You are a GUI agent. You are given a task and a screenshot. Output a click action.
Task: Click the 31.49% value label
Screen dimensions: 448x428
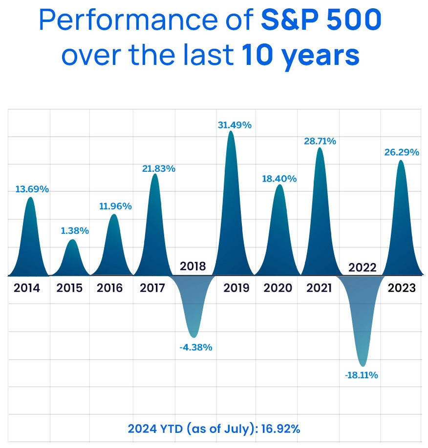pyautogui.click(x=235, y=125)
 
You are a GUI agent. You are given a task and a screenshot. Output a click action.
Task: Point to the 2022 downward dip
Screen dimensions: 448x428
pyautogui.click(x=362, y=317)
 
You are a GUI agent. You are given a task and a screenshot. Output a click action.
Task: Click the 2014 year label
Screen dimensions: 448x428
pyautogui.click(x=27, y=288)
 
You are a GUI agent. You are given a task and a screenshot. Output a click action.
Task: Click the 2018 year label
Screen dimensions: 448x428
pyautogui.click(x=193, y=266)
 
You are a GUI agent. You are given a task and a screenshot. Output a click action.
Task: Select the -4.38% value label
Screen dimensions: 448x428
pyautogui.click(x=195, y=347)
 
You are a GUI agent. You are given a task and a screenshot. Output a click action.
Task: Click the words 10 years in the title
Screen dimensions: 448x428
pyautogui.click(x=300, y=56)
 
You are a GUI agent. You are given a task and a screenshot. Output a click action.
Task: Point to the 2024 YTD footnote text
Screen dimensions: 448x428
pyautogui.click(x=214, y=429)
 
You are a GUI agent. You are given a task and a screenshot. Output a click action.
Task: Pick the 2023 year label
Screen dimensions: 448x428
pyautogui.click(x=402, y=288)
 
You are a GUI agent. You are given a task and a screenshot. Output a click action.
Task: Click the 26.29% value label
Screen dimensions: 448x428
pyautogui.click(x=402, y=152)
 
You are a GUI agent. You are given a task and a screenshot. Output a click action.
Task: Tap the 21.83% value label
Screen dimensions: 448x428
pyautogui.click(x=158, y=168)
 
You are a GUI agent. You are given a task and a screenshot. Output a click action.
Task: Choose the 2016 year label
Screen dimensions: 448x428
pyautogui.click(x=109, y=288)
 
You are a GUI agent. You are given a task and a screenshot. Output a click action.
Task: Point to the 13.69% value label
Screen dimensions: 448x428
pyautogui.click(x=32, y=189)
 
